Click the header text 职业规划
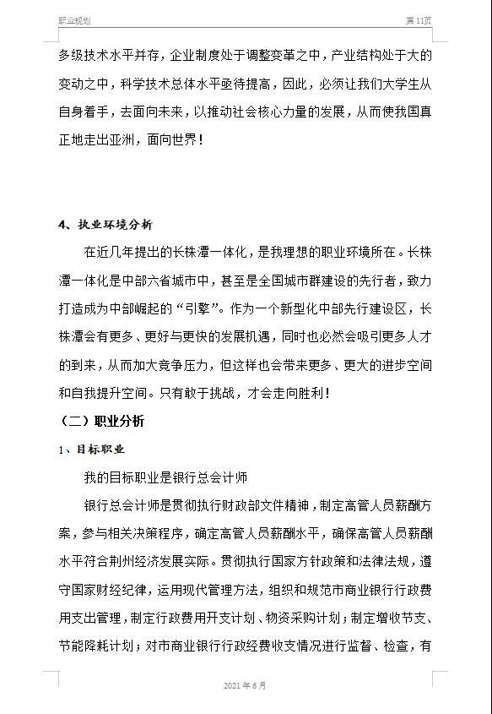75,19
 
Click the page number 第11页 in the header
419,19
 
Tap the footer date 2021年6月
245,685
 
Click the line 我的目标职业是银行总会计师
165,477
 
